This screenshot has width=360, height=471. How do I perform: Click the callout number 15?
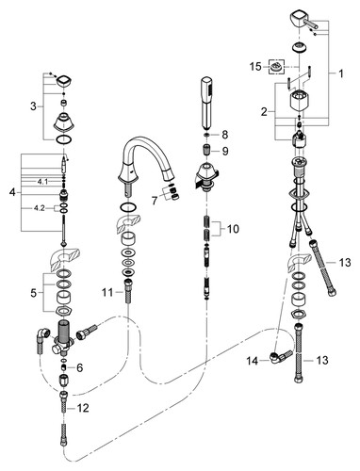pyautogui.click(x=255, y=67)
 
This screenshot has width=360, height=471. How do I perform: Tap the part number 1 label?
pyautogui.click(x=341, y=73)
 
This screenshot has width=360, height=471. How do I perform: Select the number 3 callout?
pyautogui.click(x=33, y=106)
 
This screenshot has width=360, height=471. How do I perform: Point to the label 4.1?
pyautogui.click(x=42, y=181)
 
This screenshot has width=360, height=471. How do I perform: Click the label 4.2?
pyautogui.click(x=39, y=208)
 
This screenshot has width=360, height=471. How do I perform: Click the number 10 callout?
pyautogui.click(x=233, y=229)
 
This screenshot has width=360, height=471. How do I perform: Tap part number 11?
pyautogui.click(x=107, y=293)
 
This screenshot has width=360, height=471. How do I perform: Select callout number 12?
pyautogui.click(x=83, y=408)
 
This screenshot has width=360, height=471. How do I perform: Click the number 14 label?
pyautogui.click(x=252, y=361)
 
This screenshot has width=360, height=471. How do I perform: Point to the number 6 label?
pyautogui.click(x=79, y=367)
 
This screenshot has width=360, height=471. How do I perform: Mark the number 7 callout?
pyautogui.click(x=155, y=201)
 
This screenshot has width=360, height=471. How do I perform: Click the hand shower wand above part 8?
pyautogui.click(x=207, y=103)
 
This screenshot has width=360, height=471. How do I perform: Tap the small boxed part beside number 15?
pyautogui.click(x=276, y=67)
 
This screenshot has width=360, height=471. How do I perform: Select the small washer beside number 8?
pyautogui.click(x=206, y=135)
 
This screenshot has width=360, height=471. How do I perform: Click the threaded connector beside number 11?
pyautogui.click(x=128, y=290)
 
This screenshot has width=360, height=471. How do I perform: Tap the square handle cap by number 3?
pyautogui.click(x=65, y=82)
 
